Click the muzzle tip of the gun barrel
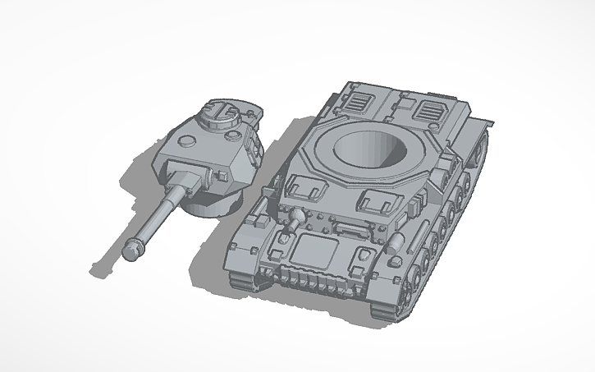(131, 250)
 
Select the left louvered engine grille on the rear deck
(356, 102)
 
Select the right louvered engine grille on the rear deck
(428, 112)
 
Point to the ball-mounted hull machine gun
(294, 216)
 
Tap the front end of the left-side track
(243, 279)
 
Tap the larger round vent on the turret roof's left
(188, 139)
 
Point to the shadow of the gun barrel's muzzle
(103, 269)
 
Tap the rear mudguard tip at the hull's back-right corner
(491, 122)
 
